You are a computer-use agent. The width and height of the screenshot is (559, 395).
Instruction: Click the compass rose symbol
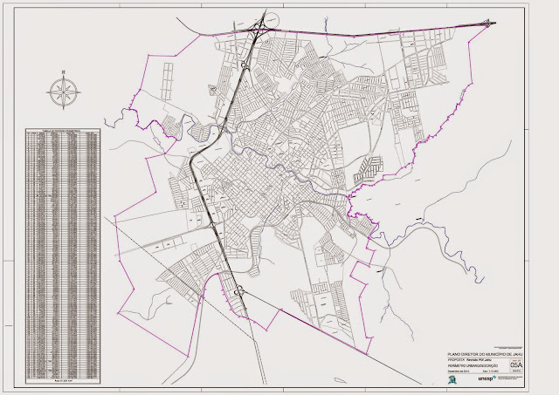63,90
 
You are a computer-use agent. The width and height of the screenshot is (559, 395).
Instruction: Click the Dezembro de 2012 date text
459,371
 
